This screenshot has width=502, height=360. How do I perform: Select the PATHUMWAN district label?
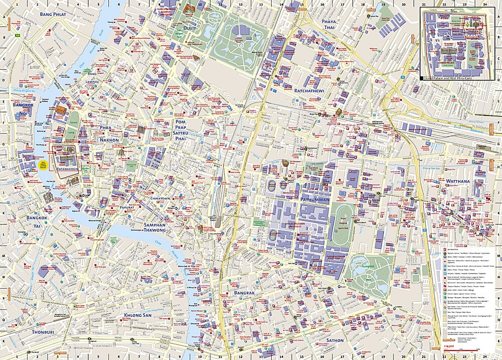315,199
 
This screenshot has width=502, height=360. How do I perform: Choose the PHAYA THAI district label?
331,26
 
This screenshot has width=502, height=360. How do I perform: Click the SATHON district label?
335,340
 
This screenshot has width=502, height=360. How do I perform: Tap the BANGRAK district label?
244,293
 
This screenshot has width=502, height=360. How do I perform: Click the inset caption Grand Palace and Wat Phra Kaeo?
445,79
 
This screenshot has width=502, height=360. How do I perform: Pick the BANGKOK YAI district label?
37,221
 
